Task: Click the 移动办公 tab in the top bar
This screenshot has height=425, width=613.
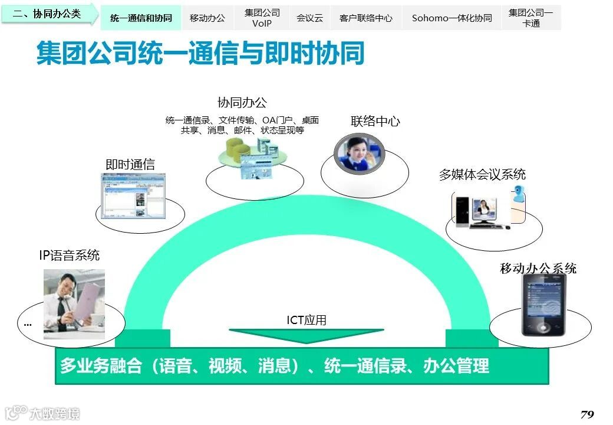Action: [207, 18]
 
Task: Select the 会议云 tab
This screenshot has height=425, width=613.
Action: [309, 18]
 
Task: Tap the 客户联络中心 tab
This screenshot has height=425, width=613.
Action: [365, 18]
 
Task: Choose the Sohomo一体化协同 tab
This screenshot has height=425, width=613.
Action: [451, 18]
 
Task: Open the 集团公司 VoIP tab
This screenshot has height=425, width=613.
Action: [262, 18]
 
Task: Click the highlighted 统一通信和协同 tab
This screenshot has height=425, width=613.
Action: [141, 18]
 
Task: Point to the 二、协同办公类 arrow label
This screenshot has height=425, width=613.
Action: [48, 14]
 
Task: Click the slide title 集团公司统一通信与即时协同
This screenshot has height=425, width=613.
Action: [200, 53]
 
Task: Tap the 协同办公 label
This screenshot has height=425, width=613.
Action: [242, 103]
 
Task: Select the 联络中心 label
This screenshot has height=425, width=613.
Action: [375, 122]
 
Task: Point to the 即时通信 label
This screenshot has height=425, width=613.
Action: [130, 165]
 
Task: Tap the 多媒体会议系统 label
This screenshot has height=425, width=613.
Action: [482, 174]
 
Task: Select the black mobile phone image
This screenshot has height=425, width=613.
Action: [543, 305]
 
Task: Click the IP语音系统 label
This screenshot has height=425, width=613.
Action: [69, 255]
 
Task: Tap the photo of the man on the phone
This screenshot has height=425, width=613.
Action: [74, 303]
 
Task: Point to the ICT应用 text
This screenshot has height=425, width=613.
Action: [306, 320]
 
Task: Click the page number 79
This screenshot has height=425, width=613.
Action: [586, 414]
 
